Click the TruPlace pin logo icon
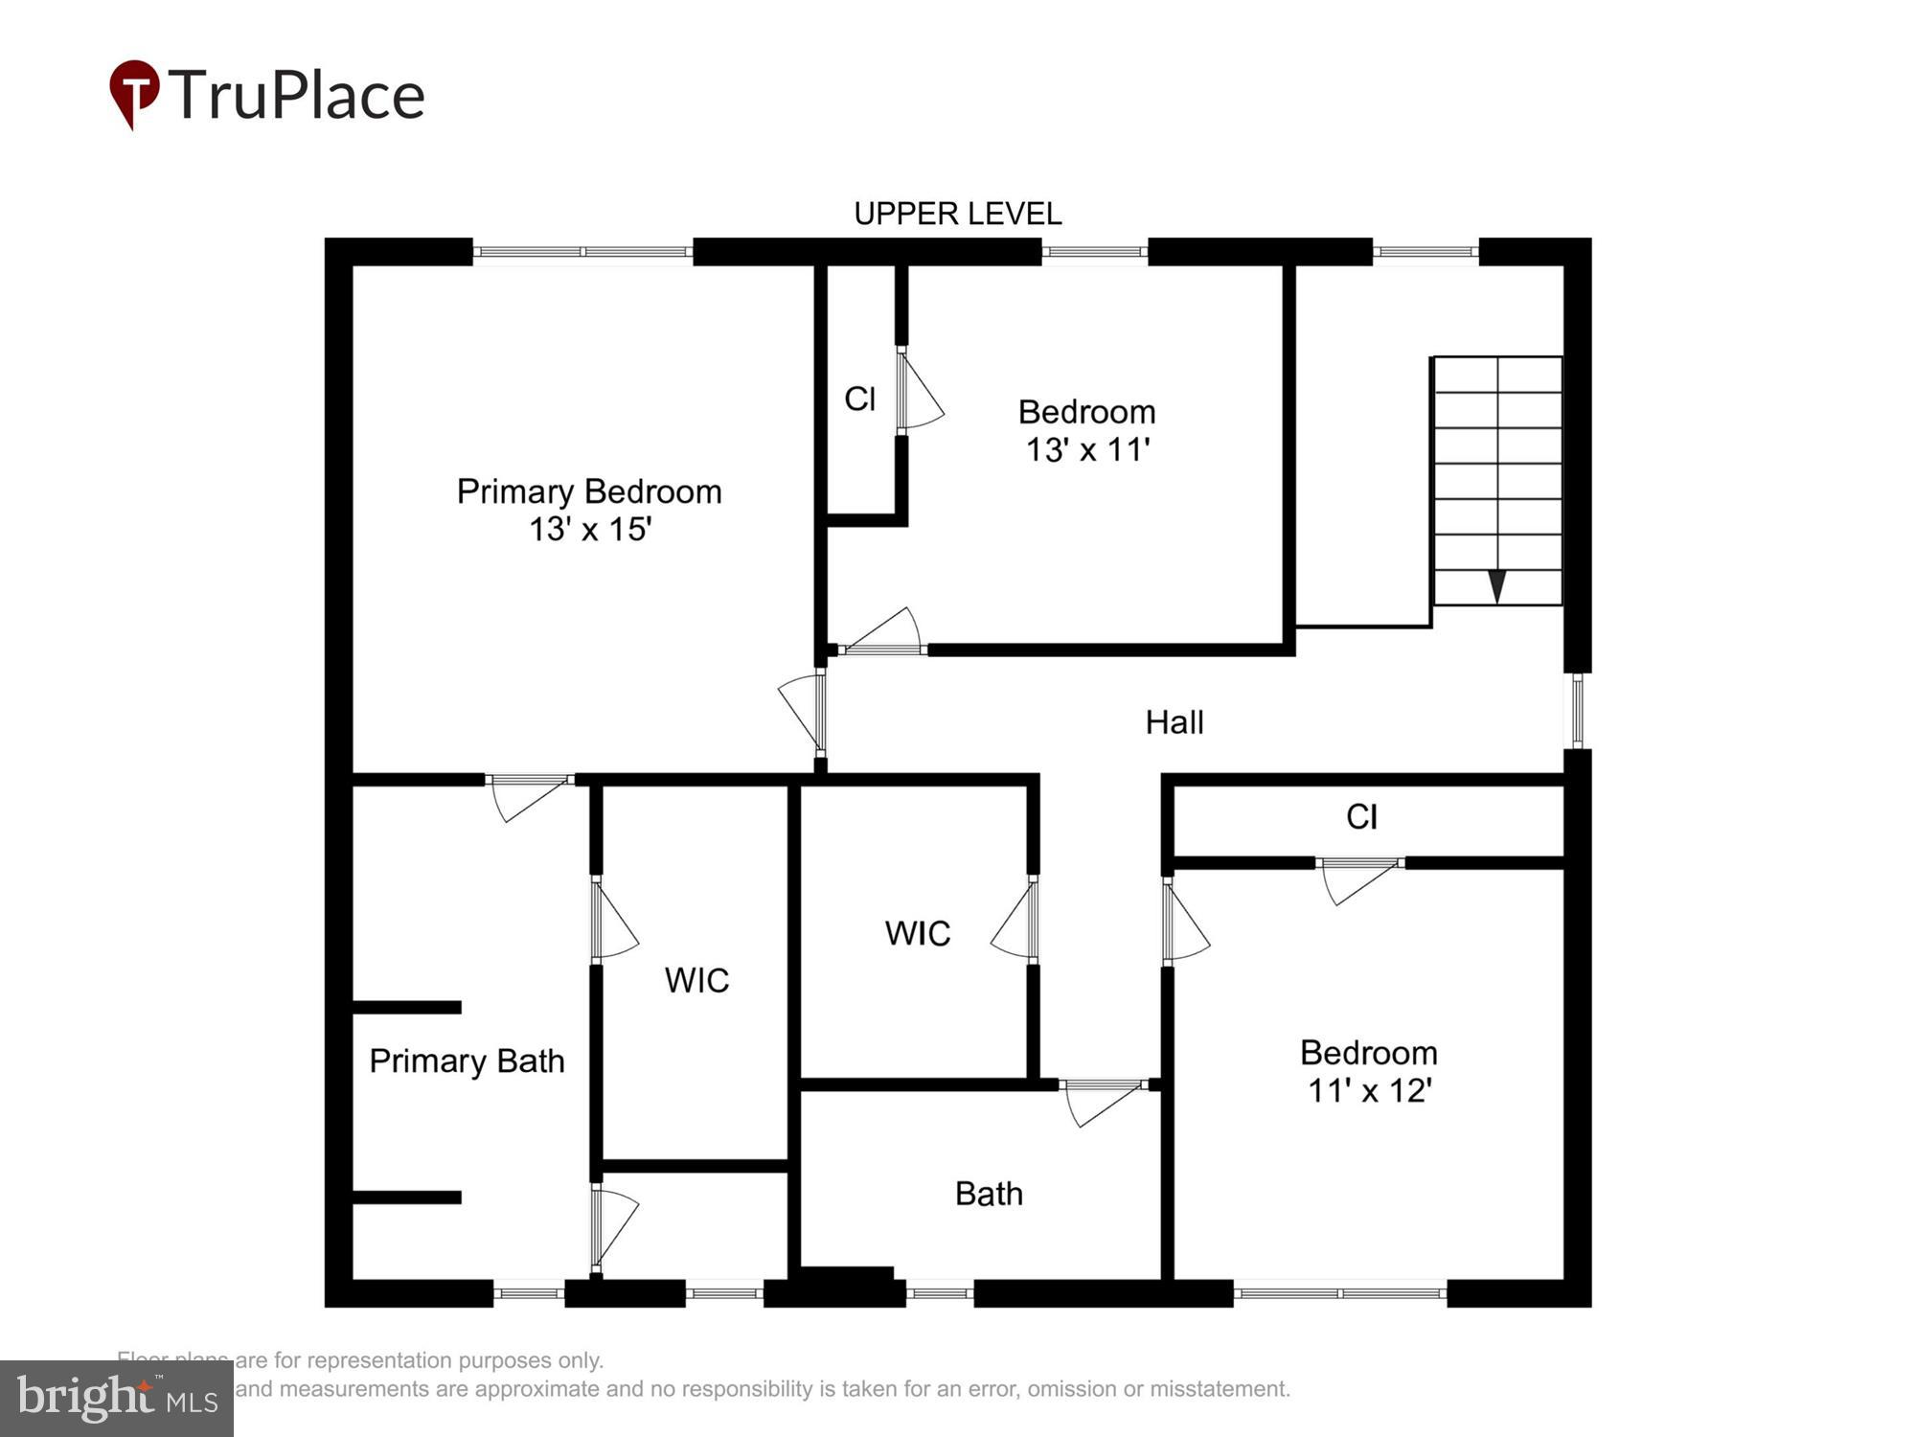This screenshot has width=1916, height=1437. [134, 93]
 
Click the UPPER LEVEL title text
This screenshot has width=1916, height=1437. [957, 214]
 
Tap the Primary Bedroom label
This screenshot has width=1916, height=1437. [588, 491]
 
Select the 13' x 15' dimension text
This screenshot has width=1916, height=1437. [590, 529]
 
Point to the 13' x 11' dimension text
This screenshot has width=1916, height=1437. [1087, 449]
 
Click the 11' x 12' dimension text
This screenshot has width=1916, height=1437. [1369, 1090]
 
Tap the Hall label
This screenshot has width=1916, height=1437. [1174, 722]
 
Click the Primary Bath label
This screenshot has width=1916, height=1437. [467, 1061]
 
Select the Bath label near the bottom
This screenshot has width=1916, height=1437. [989, 1194]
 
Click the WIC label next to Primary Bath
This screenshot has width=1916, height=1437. [696, 980]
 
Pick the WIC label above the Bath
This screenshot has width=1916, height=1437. [917, 933]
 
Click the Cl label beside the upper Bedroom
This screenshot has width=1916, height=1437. [859, 399]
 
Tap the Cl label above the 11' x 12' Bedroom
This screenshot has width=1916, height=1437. [1361, 817]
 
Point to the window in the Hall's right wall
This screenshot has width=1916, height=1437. [1577, 710]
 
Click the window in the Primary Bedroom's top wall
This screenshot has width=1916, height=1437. [582, 252]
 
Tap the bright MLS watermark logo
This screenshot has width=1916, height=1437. [117, 1398]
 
